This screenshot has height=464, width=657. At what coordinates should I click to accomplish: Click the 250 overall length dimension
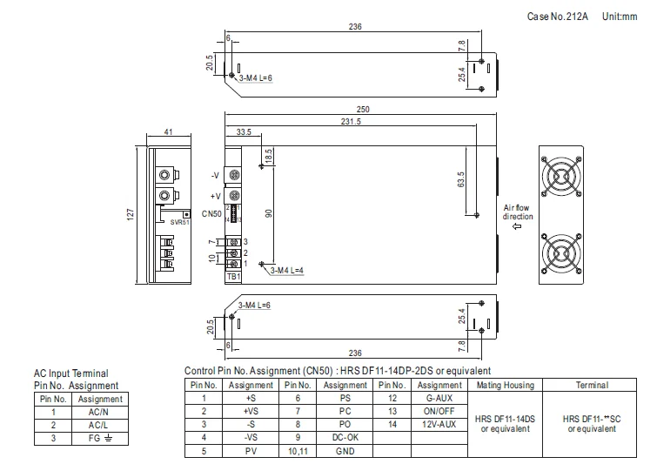(x=363, y=110)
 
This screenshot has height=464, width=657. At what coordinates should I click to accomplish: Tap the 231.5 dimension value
(x=351, y=122)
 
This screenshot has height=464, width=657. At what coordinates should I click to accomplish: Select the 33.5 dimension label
(x=244, y=132)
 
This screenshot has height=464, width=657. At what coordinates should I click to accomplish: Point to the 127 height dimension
(x=131, y=215)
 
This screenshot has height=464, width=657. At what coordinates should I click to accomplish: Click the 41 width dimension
(x=168, y=132)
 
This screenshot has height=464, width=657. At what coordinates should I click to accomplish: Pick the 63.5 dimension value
(x=461, y=179)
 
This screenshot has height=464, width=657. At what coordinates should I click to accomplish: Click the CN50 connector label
(x=211, y=214)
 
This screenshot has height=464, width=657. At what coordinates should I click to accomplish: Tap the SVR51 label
(x=180, y=222)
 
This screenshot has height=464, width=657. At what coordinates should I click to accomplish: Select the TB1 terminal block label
(x=233, y=277)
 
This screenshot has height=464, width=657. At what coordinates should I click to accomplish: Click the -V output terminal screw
(x=234, y=175)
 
